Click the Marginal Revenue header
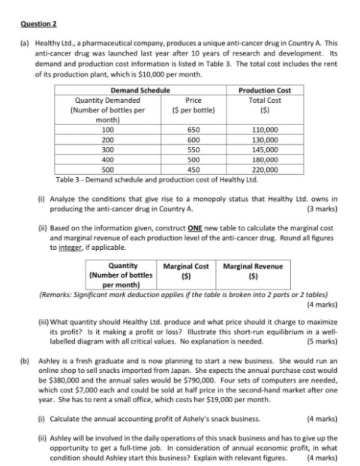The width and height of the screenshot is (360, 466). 244,266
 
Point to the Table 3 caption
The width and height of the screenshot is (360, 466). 135,179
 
